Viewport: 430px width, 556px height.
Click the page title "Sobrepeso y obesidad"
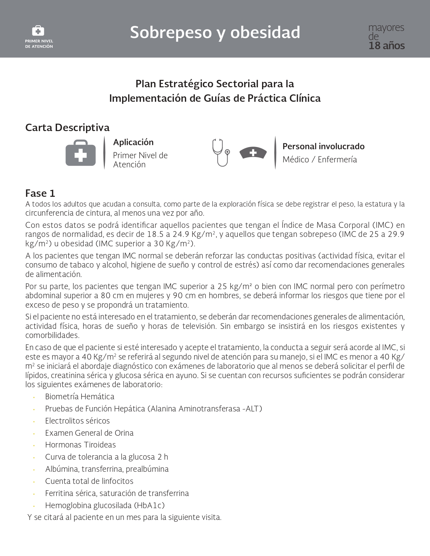tap(215, 33)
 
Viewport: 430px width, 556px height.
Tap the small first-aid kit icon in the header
tap(38, 31)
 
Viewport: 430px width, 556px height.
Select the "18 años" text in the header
tap(386, 46)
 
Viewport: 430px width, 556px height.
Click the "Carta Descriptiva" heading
tap(67, 127)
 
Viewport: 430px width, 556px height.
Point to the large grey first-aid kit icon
tap(81, 153)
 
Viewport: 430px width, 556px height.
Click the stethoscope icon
tap(221, 152)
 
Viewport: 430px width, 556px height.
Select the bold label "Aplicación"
tap(133, 142)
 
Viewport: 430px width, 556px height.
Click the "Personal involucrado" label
tap(323, 146)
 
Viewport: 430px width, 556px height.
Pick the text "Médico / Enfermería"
tap(319, 159)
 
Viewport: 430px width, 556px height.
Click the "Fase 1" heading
tap(40, 193)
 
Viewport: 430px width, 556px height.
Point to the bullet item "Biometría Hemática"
tap(80, 397)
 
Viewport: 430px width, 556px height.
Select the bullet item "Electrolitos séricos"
tap(77, 421)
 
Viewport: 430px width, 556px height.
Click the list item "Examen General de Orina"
tap(89, 433)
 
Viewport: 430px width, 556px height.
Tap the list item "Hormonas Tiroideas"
tap(80, 445)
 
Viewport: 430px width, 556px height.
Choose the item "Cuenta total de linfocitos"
tap(89, 481)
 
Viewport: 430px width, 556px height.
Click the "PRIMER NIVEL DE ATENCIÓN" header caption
tap(39, 44)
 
